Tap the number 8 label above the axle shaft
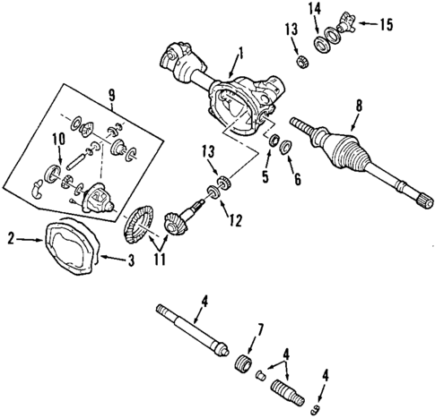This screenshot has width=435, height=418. point(359,106)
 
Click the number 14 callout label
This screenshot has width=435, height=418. point(314,9)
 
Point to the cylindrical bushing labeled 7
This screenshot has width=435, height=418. point(239,365)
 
